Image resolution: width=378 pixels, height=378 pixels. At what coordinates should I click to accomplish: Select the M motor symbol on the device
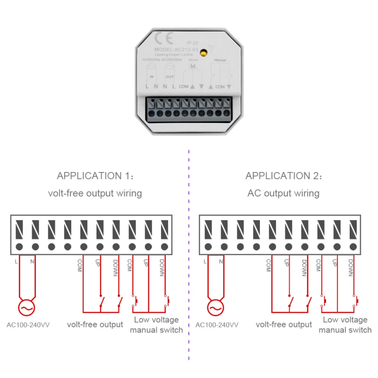(192, 67)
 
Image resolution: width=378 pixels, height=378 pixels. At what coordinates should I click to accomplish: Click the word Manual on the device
(220, 60)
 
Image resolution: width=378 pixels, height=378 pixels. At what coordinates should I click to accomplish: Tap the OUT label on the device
(169, 76)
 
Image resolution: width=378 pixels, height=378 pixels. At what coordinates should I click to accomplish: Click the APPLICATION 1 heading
(94, 176)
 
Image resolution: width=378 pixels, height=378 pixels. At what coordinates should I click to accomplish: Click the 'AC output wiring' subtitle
(283, 193)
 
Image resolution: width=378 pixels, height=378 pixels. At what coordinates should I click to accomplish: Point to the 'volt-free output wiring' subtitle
(95, 193)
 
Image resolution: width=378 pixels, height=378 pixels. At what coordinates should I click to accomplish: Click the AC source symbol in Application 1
(27, 308)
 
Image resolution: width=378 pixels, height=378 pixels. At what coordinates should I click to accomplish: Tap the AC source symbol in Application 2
(215, 308)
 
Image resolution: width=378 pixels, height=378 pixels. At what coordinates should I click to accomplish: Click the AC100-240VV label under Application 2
(217, 325)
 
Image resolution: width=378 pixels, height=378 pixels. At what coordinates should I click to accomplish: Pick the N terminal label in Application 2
(221, 261)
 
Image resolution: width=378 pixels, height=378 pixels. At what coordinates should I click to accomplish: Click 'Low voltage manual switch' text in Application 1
(156, 325)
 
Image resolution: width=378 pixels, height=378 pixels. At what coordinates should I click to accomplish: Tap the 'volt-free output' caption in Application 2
(284, 325)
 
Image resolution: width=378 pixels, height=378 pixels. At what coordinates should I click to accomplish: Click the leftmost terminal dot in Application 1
(19, 246)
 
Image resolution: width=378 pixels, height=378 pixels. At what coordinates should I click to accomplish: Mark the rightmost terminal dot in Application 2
(353, 246)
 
